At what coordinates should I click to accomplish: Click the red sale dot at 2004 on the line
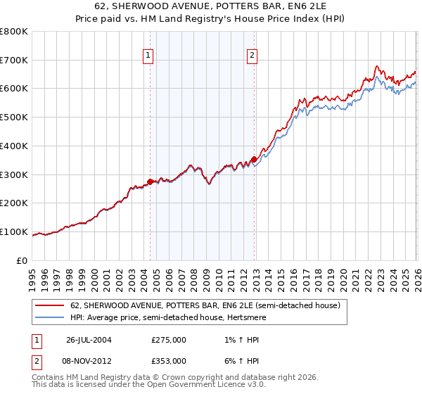point(150,182)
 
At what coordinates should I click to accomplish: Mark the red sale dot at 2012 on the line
point(255,159)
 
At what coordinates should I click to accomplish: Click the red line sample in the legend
point(51,306)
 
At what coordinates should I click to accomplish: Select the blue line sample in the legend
point(51,317)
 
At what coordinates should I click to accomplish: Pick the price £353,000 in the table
point(168,360)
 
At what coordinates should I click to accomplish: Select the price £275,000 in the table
point(168,339)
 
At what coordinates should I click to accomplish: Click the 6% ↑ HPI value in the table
point(238,360)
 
